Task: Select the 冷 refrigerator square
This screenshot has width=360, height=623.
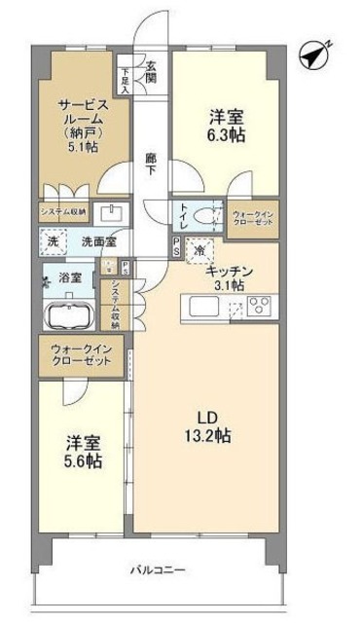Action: tap(199, 250)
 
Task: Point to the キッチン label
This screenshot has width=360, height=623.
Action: tap(230, 272)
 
